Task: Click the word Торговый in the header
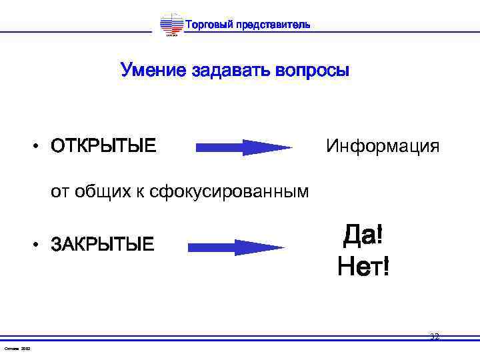[x=207, y=25]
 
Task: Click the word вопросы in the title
[x=312, y=70]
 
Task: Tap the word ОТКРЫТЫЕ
[x=103, y=145]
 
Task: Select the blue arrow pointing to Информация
[x=243, y=147]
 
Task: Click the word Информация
[x=383, y=145]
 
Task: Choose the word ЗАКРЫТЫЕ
[x=102, y=245]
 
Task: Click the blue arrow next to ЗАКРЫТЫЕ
[x=236, y=247]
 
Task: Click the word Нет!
[x=363, y=267]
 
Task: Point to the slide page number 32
[x=435, y=337]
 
